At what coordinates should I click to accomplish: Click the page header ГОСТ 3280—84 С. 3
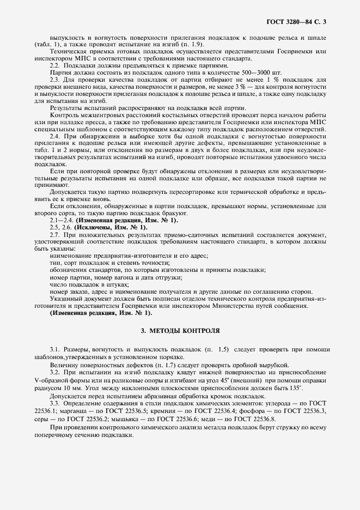click(x=300, y=22)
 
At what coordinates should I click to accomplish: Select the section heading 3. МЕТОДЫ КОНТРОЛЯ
click(x=180, y=330)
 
